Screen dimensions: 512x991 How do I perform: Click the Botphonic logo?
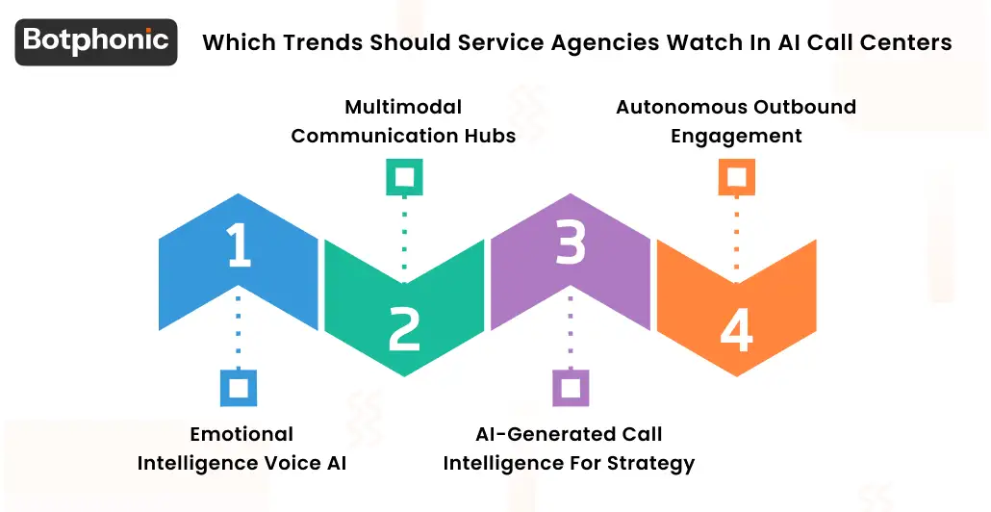(x=96, y=41)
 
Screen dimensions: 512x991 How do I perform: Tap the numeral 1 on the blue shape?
(x=238, y=245)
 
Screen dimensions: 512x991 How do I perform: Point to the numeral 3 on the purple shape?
(x=571, y=245)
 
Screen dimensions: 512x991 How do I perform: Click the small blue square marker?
(x=238, y=387)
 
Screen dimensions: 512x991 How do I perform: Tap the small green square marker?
(x=404, y=177)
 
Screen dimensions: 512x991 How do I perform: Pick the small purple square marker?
(x=571, y=387)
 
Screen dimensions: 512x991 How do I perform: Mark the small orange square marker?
(x=737, y=177)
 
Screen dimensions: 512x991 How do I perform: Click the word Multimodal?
(x=403, y=106)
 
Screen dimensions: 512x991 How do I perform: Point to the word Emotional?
(x=241, y=434)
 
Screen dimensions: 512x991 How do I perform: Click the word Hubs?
(x=493, y=136)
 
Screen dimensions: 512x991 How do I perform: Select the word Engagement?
(x=736, y=136)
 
